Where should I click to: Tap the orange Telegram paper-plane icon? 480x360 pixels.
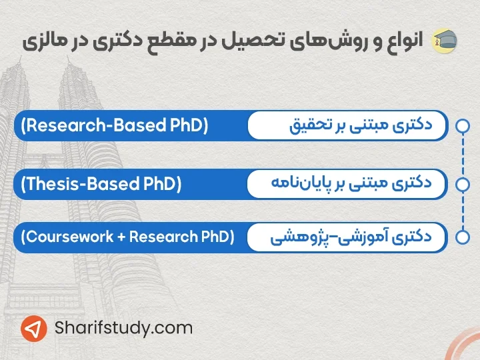tap(33, 329)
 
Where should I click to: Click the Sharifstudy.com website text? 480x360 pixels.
tap(124, 328)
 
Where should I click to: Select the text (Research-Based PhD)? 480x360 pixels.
tap(115, 125)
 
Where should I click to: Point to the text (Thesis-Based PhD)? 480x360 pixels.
tap(101, 182)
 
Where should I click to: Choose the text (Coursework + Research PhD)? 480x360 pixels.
tap(127, 237)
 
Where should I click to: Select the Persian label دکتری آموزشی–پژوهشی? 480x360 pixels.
tap(351, 237)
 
